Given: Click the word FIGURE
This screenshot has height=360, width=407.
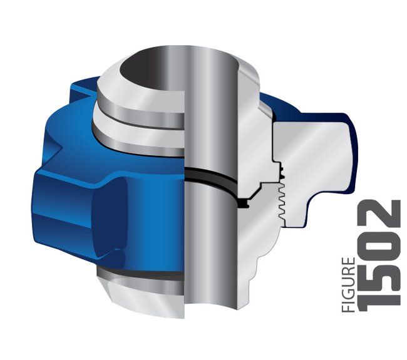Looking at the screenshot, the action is [348, 285].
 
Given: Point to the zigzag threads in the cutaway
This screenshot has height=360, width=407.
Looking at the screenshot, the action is [282, 200].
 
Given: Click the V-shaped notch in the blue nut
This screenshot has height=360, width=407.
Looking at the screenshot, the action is [58, 149].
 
